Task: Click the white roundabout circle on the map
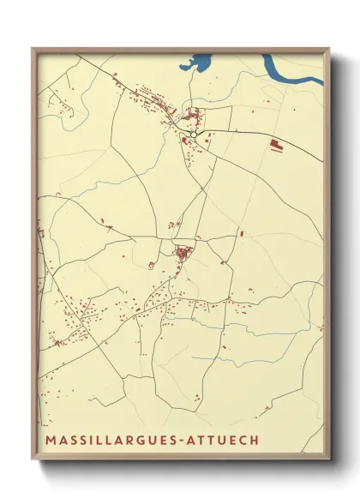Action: tap(195, 135)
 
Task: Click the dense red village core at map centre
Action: tap(183, 252)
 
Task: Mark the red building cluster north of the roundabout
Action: tap(191, 114)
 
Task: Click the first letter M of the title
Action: tap(50, 441)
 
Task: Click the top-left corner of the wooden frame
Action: tap(33, 49)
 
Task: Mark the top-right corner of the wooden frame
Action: tap(330, 49)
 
